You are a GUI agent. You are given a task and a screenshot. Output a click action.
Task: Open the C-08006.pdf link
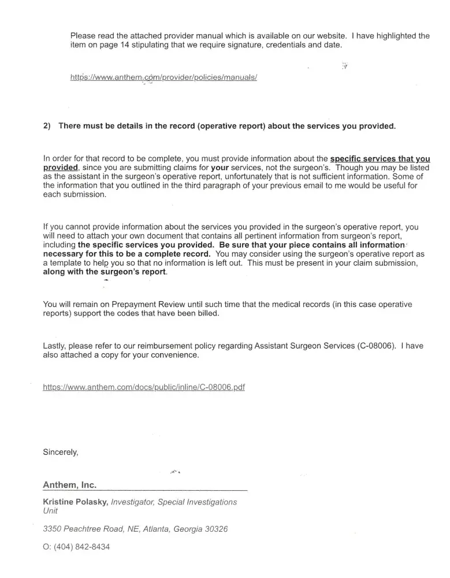(144, 387)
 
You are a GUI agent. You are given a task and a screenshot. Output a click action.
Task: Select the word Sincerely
(61, 452)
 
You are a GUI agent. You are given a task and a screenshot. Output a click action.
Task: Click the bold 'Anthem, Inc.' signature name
(70, 484)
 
